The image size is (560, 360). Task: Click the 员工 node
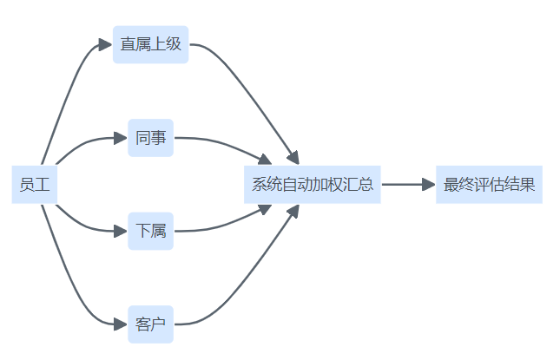35,184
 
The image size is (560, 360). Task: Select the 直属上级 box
151,44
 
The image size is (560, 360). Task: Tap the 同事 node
151,138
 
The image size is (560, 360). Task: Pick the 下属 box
151,231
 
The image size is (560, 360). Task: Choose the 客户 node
151,324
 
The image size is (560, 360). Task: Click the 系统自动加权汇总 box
313,184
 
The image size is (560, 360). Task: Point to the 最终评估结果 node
489,184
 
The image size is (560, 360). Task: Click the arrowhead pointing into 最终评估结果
427,184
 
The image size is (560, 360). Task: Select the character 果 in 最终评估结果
526,184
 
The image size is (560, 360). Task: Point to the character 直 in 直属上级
128,44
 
